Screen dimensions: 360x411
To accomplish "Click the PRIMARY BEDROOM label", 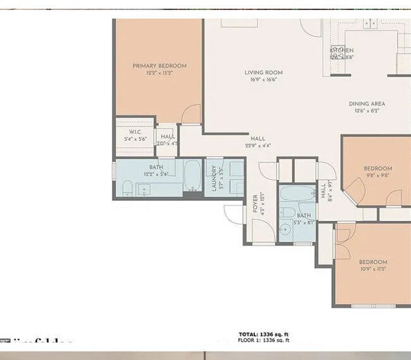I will tap(159, 66).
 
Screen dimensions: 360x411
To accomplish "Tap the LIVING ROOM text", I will tap(263, 73).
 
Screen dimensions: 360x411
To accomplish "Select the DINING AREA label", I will tap(367, 104).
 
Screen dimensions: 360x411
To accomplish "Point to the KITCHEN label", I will tap(341, 50).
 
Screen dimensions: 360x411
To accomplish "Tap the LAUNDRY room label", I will tap(215, 179).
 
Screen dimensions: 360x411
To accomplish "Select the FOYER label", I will tap(255, 202).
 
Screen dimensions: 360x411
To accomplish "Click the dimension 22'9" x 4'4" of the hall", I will tap(257, 146).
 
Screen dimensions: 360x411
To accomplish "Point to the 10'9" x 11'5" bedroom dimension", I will tap(372, 269).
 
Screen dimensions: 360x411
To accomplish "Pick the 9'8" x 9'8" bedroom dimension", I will tap(377, 176).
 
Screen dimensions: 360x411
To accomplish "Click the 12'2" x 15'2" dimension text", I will tap(159, 73).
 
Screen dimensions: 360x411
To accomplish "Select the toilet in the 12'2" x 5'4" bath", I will tap(126, 188).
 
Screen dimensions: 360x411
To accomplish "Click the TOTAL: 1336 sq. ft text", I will tap(264, 334).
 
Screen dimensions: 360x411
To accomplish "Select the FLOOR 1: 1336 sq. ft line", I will tap(264, 340).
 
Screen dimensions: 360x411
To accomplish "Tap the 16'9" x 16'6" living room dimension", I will tap(263, 80).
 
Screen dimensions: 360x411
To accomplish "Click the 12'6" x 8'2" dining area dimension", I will tap(367, 111).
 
